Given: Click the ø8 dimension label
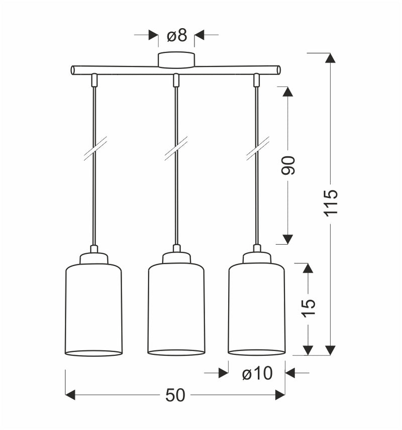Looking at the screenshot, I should [176, 35].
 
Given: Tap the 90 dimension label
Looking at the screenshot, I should [288, 165].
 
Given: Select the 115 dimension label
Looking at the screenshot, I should [331, 202].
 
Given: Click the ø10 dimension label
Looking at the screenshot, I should [257, 373].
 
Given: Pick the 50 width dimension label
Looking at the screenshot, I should [175, 395].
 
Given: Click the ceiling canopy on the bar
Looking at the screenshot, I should [176, 59].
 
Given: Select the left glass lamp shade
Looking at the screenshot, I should [94, 309].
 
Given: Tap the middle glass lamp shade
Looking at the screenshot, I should [176, 309].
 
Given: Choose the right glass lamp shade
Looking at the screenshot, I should [257, 309].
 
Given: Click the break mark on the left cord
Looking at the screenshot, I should [95, 149].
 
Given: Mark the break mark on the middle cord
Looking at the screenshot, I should [176, 149].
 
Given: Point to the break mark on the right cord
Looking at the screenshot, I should [257, 149].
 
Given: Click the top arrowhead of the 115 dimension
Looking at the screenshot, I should [330, 58].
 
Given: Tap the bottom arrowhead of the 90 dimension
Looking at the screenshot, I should [288, 239].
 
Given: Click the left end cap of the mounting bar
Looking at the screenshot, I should [73, 70].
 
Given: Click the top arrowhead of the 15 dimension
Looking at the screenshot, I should [308, 268].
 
